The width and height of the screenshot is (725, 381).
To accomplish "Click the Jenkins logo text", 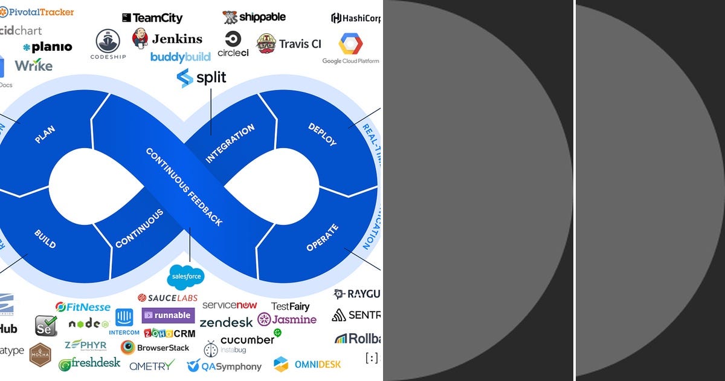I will (x=176, y=39).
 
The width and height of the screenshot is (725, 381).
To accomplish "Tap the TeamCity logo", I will (x=152, y=18).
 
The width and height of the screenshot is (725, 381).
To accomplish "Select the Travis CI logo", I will (x=289, y=44).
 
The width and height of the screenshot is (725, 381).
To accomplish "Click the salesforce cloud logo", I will (x=186, y=277).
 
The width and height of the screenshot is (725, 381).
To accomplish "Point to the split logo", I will (x=202, y=78).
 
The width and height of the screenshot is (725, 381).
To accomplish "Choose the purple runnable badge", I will (x=168, y=315).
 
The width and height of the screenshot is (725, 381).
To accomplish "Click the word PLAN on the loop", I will (x=45, y=134).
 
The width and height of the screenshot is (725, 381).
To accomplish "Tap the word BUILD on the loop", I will (x=45, y=239).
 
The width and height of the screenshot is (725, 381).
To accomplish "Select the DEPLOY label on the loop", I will (x=322, y=134).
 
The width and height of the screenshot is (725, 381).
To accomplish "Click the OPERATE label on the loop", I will (x=323, y=238).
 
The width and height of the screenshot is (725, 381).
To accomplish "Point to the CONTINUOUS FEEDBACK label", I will (x=184, y=187).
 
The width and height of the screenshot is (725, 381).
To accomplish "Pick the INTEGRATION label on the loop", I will (x=230, y=143).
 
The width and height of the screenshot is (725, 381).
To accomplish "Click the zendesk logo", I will (x=226, y=322).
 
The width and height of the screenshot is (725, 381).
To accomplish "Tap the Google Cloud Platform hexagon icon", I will (x=350, y=44).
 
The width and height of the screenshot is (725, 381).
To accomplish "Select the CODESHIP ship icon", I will (x=108, y=41).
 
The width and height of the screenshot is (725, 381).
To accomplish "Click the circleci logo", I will (x=233, y=44).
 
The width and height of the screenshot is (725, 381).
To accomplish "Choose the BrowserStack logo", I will (x=155, y=348).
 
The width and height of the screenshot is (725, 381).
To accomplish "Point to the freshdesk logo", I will (x=89, y=364).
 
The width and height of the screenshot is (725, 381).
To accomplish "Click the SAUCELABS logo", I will (x=167, y=298).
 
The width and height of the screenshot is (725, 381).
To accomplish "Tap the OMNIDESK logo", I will (x=308, y=364).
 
